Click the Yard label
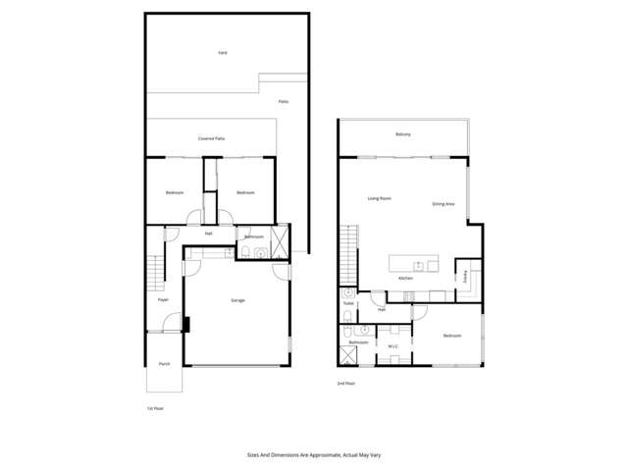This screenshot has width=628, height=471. [223, 52]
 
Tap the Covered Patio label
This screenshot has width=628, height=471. [212, 138]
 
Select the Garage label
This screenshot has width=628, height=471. [237, 299]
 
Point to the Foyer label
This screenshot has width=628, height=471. [163, 299]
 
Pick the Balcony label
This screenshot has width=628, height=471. [402, 133]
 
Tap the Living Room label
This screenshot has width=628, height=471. [380, 199]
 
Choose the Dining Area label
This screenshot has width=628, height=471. [443, 204]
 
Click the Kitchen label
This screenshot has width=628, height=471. [405, 278]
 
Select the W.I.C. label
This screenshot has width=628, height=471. [392, 345]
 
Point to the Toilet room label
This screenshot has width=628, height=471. [348, 303]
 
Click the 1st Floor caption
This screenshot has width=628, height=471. [155, 407]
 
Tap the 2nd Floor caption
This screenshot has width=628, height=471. [346, 383]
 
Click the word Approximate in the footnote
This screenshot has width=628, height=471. [314, 455]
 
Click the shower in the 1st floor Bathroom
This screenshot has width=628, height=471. [280, 241]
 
